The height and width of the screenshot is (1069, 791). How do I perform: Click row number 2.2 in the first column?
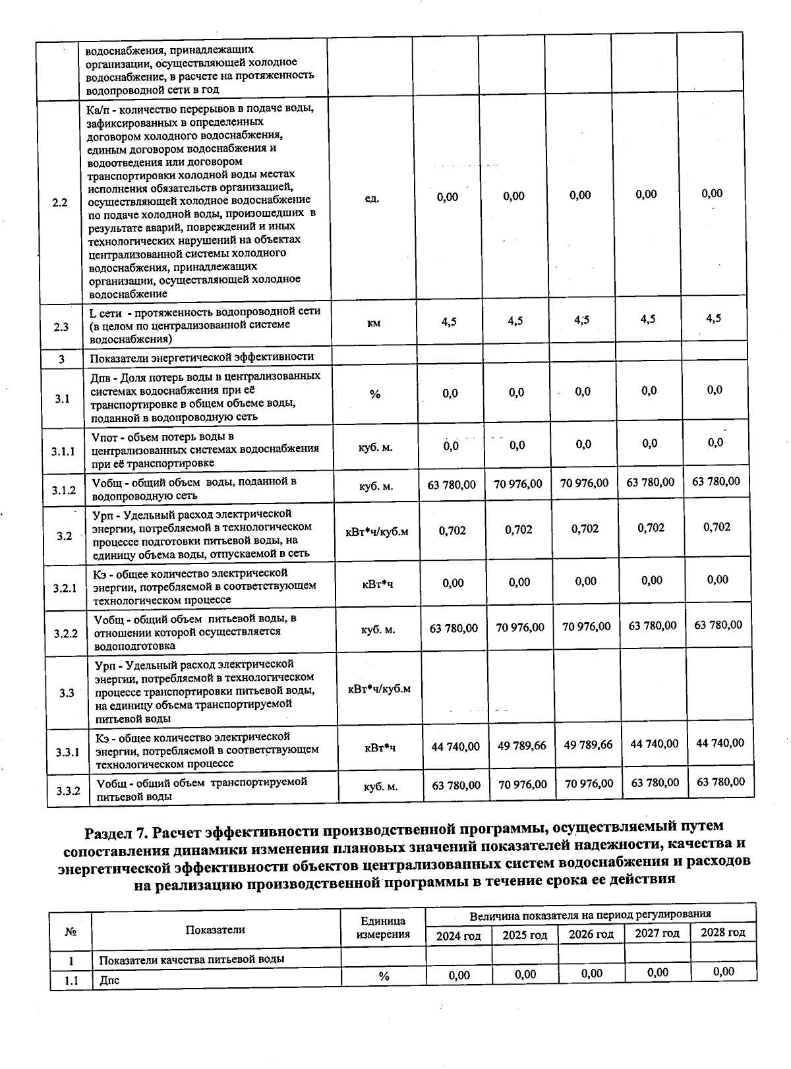pos(60,202)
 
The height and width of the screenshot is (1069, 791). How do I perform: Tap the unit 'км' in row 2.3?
pos(373,323)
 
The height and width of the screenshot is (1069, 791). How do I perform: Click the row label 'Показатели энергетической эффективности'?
pos(202,357)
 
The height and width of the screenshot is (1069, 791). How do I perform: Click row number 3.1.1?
pos(64,451)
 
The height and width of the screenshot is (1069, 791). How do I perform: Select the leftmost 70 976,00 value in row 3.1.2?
pos(518,484)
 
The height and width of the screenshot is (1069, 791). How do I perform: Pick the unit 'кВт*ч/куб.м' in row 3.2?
pos(377,531)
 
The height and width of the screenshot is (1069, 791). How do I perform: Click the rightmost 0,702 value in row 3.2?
pos(717,527)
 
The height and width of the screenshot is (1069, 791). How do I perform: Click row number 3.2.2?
pos(66,633)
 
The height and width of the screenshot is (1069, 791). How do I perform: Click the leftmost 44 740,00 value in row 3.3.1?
pos(455,747)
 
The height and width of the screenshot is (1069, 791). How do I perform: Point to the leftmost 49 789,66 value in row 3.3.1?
pos(522,746)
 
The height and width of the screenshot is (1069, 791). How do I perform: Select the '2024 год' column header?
pos(459,936)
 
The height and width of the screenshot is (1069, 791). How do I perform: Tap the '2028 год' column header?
pos(723,933)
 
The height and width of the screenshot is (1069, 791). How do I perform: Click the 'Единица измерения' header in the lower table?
pos(383,927)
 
